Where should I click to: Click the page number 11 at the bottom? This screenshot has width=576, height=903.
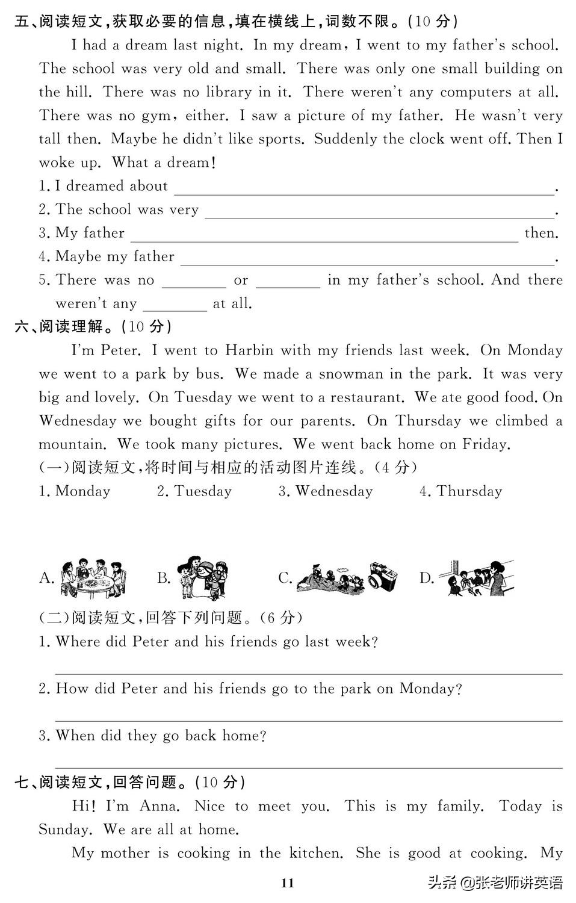click(x=288, y=883)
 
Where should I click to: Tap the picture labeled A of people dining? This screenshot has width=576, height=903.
click(x=93, y=578)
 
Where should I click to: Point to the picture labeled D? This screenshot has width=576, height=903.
click(x=475, y=578)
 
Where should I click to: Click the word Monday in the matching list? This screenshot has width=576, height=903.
click(x=82, y=492)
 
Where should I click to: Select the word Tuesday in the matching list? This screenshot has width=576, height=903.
click(x=202, y=492)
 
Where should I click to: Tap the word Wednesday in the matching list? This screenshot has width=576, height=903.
click(x=334, y=492)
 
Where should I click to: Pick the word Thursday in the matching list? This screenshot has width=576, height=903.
click(x=469, y=492)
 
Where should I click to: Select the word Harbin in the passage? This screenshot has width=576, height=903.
click(x=249, y=350)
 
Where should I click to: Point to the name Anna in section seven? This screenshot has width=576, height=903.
click(x=159, y=806)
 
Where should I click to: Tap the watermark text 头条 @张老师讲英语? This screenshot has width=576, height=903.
click(x=495, y=883)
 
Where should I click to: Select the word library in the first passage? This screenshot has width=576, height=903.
click(x=228, y=92)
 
